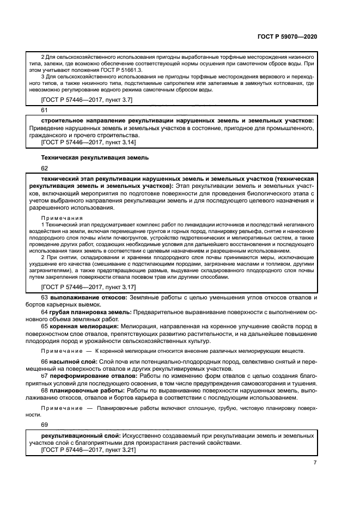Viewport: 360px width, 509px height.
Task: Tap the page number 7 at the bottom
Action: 315,463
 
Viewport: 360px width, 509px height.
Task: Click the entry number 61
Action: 45,109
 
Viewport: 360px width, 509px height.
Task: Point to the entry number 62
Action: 45,168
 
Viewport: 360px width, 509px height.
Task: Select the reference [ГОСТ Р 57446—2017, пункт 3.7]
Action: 87,99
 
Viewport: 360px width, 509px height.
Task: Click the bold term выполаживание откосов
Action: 88,298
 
